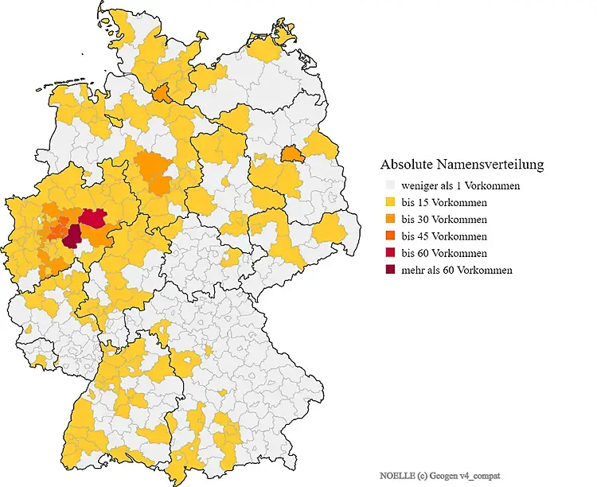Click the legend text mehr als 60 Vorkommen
[457, 270]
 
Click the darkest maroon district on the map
[73, 236]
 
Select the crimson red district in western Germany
[93, 218]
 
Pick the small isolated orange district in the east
[293, 153]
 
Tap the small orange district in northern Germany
[162, 94]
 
